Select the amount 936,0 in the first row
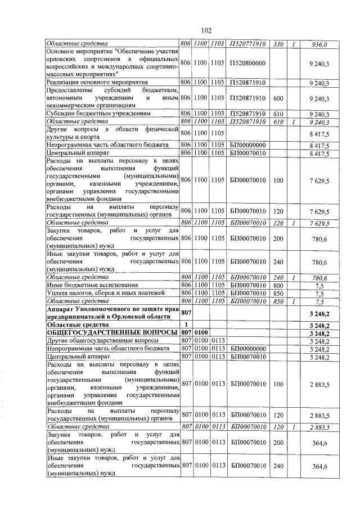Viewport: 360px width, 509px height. [x=319, y=44]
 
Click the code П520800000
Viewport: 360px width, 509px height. [x=247, y=64]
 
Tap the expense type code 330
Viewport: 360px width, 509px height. [x=278, y=44]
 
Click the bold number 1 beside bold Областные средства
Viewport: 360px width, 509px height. [x=186, y=325]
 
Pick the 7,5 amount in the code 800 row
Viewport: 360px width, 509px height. [x=319, y=285]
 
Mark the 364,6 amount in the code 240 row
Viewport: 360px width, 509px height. [x=319, y=466]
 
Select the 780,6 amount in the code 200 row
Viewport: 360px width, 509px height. [x=319, y=238]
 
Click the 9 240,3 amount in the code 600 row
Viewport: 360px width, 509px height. [x=319, y=98]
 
